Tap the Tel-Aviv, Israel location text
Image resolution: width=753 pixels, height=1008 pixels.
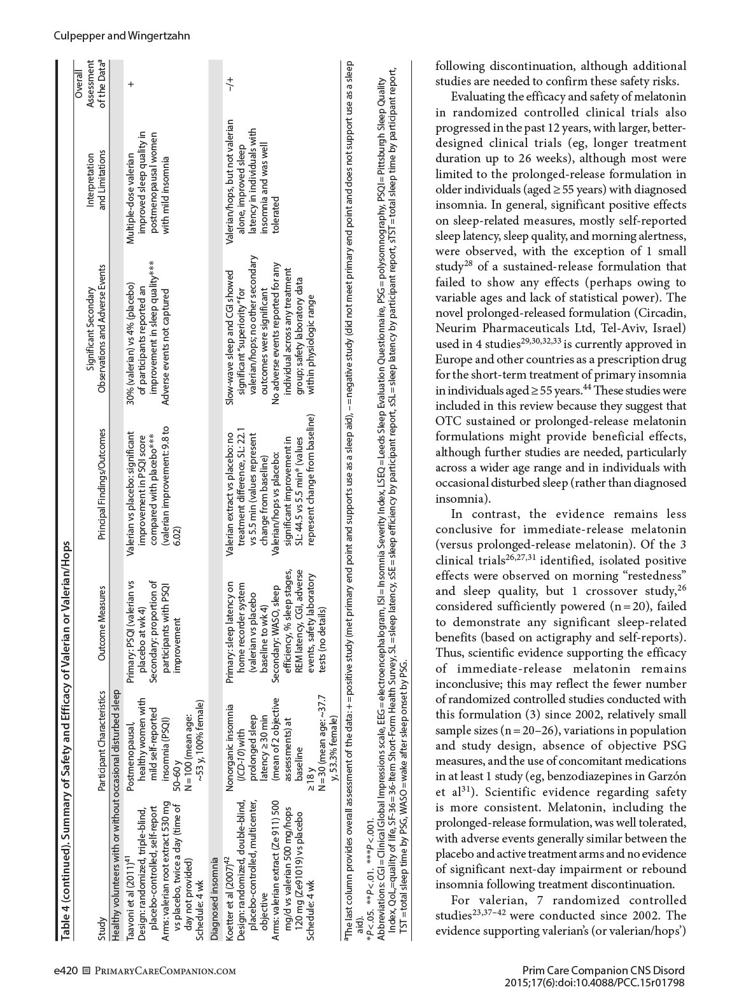647,328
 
